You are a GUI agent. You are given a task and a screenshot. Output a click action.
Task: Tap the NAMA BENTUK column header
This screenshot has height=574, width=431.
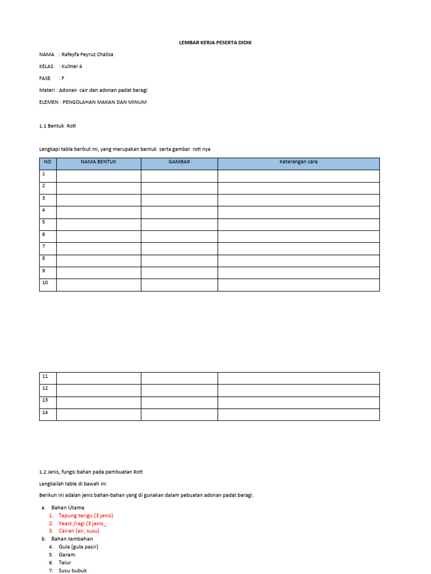coord(98,163)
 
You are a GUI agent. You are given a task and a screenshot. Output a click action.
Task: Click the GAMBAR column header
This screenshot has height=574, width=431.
coord(179,163)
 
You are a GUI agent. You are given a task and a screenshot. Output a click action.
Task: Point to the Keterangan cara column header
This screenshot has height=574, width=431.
coord(299,163)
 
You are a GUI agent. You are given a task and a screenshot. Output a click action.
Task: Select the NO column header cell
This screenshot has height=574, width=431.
coord(48,163)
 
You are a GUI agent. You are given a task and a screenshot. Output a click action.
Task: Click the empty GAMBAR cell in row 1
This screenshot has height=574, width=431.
coord(179,176)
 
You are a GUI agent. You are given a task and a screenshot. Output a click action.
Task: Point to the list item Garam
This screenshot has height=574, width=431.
coord(67,554)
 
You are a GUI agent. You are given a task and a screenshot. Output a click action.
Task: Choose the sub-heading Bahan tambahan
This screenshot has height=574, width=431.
coord(72,539)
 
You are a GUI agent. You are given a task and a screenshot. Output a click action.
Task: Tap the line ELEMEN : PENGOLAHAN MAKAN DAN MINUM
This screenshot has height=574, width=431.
coord(93,102)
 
